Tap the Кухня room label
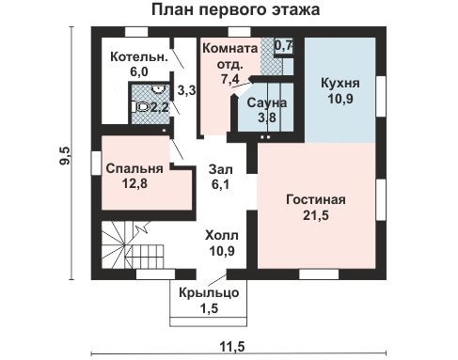tap(340, 82)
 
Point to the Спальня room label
tap(134, 168)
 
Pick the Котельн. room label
tap(139, 57)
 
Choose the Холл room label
tap(222, 235)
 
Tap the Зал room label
tap(222, 169)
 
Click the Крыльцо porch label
tap(210, 294)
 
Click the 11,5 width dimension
tap(233, 348)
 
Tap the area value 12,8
tap(134, 184)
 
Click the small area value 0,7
tap(283, 45)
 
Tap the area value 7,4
tap(229, 81)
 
